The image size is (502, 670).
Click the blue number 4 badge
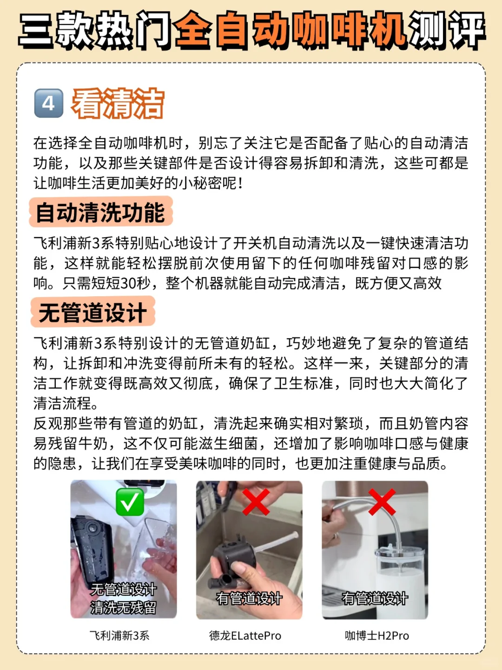pos(49,103)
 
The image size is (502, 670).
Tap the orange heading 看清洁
pos(118,104)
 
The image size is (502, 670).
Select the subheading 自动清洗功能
pos(100,213)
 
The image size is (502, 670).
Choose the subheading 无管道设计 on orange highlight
pos(92,312)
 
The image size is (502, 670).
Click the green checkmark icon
pos(130,502)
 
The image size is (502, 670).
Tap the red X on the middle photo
pos(256,502)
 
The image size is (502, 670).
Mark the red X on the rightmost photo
pos(382,502)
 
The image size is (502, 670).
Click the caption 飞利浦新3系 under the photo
pos(119,636)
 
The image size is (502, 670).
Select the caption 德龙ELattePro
pos(245,636)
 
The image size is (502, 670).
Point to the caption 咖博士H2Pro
pos(376,636)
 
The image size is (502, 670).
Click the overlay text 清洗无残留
pos(124,607)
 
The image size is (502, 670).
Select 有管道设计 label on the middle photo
pos(249,598)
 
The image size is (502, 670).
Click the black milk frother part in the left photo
pos(92,549)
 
